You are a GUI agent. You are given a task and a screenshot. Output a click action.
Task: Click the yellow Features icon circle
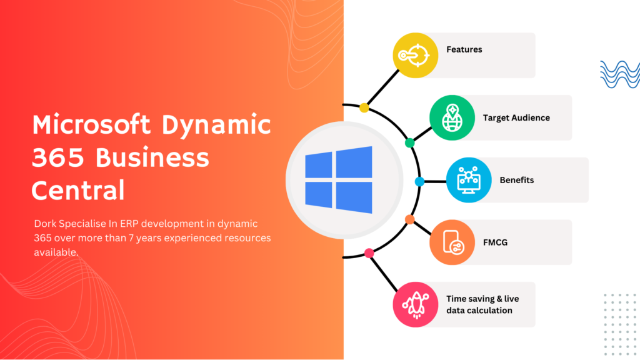(416, 55)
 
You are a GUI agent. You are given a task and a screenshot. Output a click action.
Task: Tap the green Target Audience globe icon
(452, 117)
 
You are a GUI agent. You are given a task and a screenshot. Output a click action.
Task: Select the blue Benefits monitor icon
(469, 180)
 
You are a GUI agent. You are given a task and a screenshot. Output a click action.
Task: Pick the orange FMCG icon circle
(452, 242)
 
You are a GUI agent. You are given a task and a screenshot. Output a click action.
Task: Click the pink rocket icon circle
(416, 304)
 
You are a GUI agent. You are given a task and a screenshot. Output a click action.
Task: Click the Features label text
(464, 49)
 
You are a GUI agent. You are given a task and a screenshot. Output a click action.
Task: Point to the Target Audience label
(516, 118)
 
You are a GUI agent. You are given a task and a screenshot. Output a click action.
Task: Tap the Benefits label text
(517, 180)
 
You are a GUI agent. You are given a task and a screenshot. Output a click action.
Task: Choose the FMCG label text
(495, 242)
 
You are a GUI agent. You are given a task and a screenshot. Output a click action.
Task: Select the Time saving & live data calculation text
(482, 304)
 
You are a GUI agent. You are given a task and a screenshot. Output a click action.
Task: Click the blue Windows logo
(339, 180)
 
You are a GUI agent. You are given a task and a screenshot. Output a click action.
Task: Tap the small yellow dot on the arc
(364, 107)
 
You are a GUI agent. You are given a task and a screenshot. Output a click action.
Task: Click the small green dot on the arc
(410, 143)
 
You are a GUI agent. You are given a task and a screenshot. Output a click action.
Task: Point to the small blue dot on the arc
(419, 182)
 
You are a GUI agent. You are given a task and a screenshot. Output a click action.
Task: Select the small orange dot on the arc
(410, 219)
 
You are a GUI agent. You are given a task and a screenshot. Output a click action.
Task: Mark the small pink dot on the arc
(369, 254)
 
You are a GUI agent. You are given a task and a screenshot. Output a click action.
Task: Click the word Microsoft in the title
(91, 124)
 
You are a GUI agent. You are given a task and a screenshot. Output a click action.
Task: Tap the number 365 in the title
(58, 157)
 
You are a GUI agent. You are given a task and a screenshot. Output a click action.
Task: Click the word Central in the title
(78, 190)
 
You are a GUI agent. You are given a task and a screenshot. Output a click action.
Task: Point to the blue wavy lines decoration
(620, 74)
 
